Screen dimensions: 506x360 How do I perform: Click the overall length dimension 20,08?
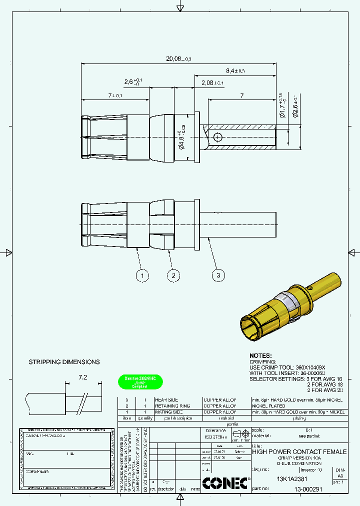178,58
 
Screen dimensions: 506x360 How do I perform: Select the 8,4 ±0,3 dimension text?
235,71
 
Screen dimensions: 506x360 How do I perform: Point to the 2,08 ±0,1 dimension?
212,82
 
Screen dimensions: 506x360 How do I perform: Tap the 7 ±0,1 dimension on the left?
114,94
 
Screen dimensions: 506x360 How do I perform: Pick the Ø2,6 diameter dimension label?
295,105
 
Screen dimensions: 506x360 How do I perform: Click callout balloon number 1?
142,275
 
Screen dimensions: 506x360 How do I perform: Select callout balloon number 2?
173,275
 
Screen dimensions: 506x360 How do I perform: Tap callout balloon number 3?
218,274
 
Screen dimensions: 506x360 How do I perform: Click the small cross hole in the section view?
217,137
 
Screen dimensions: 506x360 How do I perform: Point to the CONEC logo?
226,483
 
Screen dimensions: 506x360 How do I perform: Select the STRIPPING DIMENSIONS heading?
64,362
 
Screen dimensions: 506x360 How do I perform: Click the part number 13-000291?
311,489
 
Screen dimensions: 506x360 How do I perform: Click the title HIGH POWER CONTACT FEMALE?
299,451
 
